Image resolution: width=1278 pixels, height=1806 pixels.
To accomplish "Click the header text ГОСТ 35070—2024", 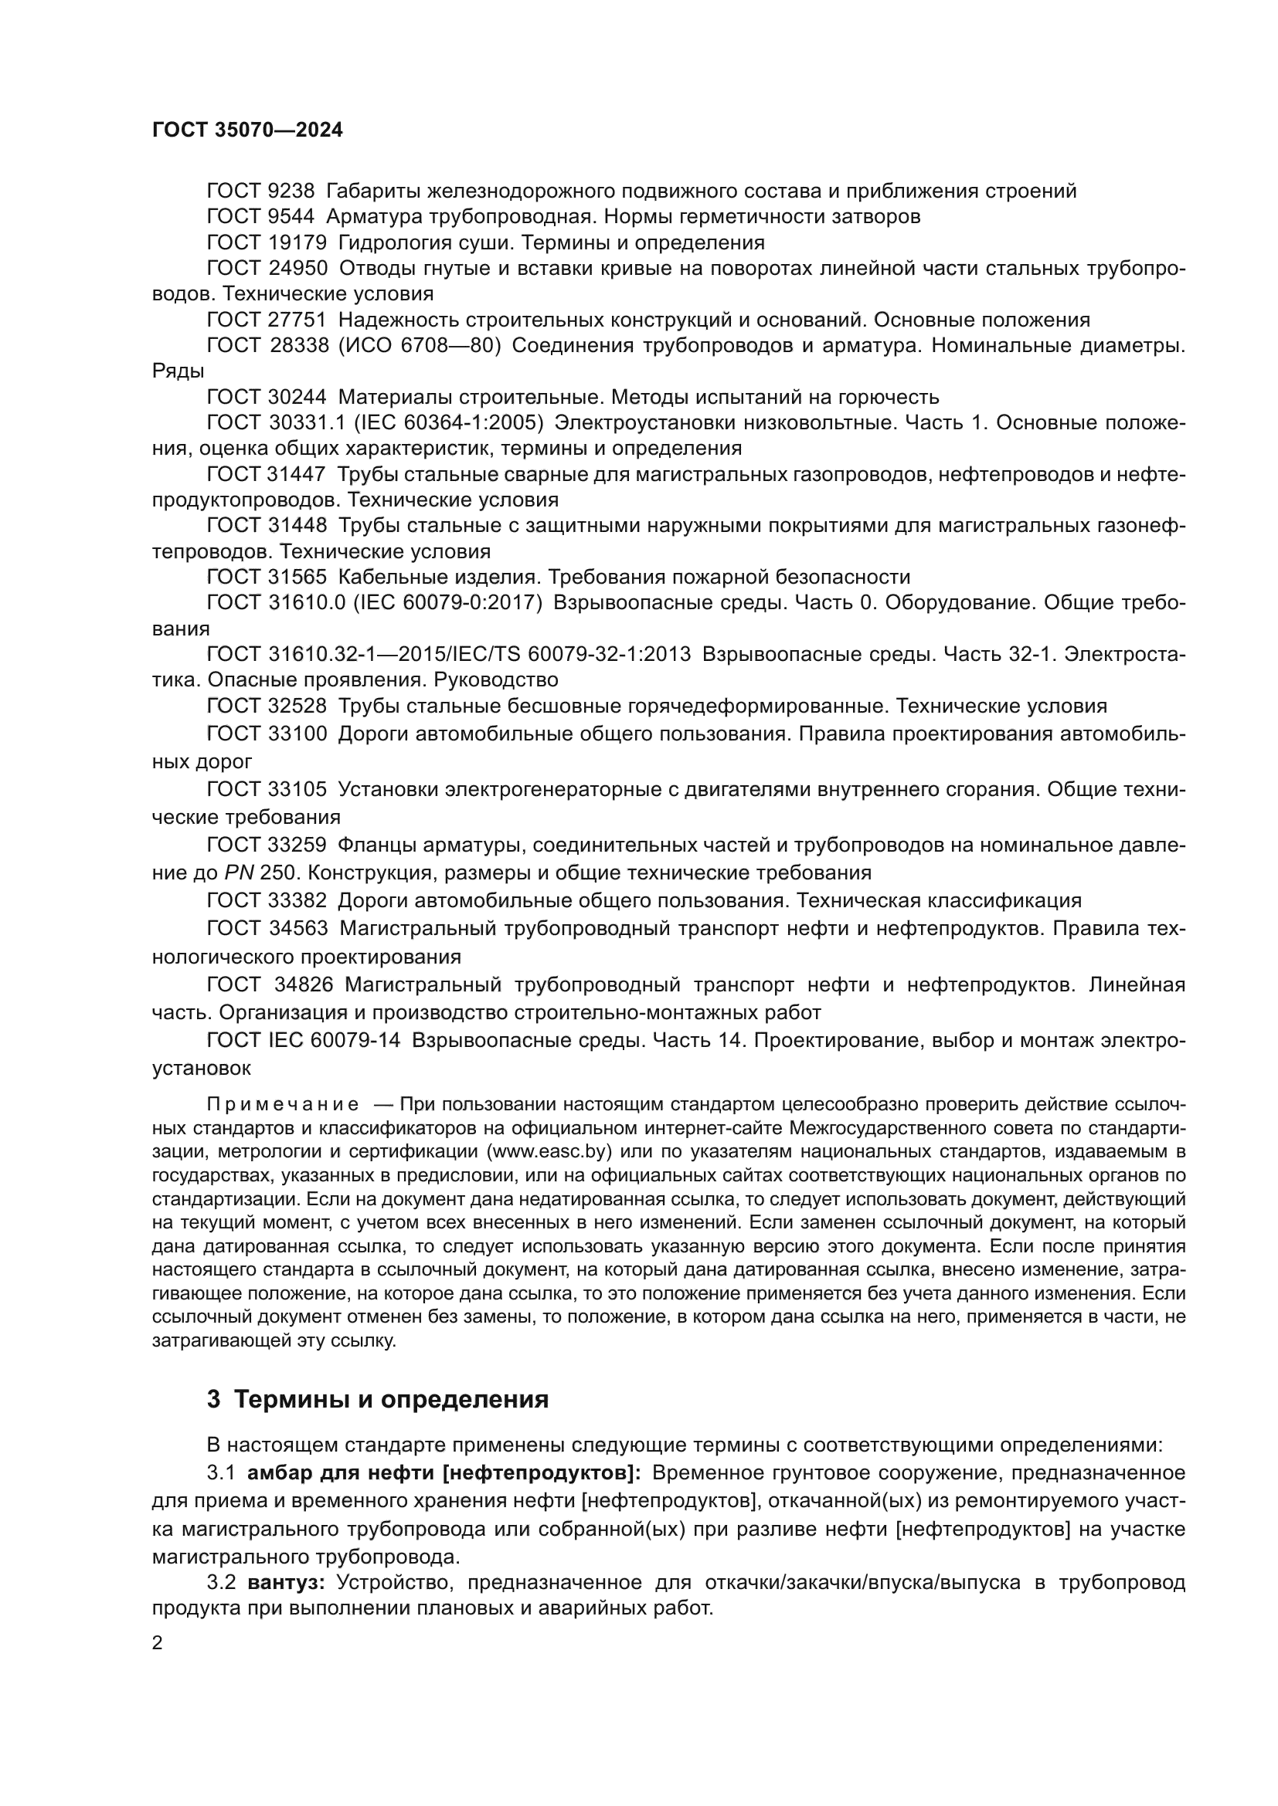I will (x=248, y=130).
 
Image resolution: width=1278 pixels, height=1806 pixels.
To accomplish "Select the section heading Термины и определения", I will (x=391, y=1399).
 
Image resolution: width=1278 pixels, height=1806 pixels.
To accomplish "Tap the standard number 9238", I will (x=291, y=191).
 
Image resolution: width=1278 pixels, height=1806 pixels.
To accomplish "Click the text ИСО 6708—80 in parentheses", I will (x=420, y=345).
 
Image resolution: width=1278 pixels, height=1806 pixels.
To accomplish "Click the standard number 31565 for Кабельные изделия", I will (x=297, y=577).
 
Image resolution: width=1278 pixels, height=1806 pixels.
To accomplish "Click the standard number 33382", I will (x=297, y=900).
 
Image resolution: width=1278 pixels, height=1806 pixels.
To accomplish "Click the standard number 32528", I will (x=297, y=706).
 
